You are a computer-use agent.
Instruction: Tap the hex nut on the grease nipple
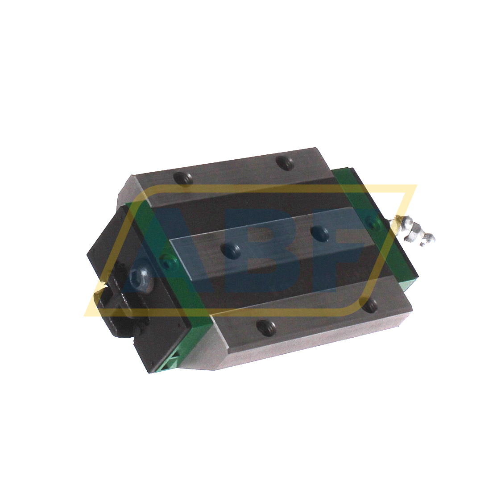411,228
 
